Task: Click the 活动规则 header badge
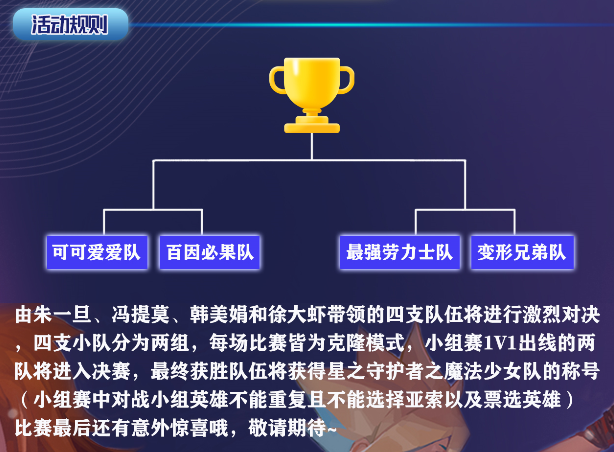70,25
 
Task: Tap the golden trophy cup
312,95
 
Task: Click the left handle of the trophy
278,80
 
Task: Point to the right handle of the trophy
346,80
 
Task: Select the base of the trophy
312,125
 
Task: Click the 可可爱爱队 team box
97,252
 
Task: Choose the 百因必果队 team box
210,252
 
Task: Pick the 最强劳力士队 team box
399,252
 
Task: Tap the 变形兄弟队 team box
522,252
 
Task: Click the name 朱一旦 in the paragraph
62,315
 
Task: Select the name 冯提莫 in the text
140,315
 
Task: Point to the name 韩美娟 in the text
219,315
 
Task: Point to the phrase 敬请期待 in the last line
287,428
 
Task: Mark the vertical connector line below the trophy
312,146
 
